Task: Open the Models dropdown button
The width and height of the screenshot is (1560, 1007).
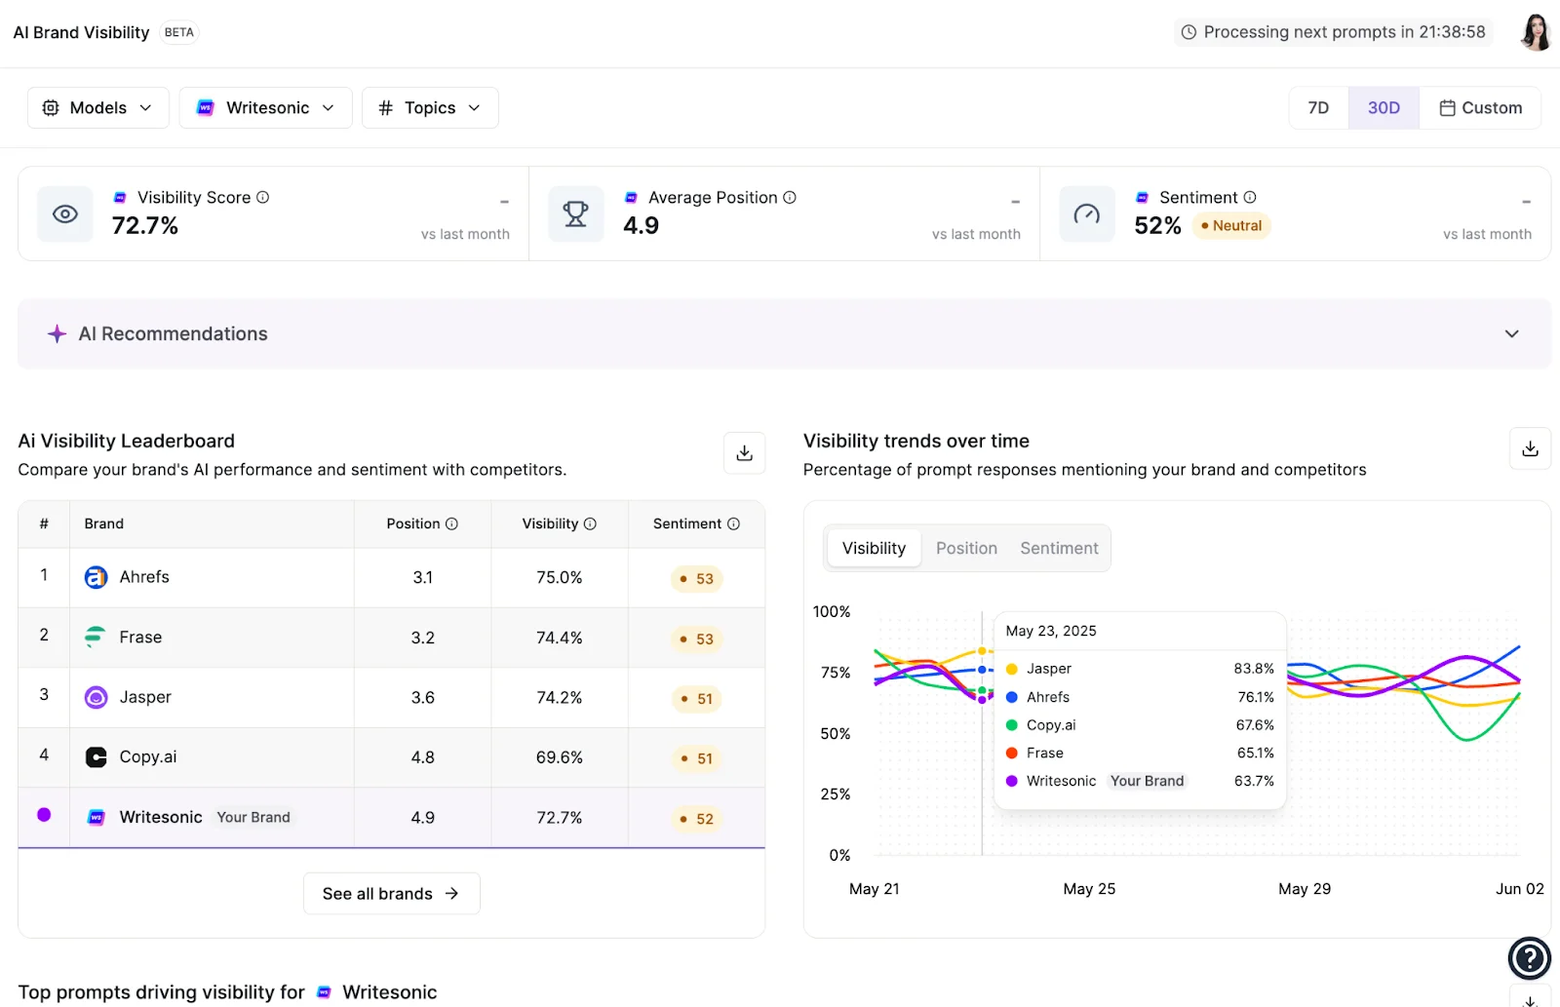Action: click(97, 107)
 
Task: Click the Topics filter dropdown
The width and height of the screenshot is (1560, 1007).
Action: click(430, 107)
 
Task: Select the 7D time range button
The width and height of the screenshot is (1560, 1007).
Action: click(1318, 107)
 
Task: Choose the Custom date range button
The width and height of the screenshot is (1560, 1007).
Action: click(1480, 107)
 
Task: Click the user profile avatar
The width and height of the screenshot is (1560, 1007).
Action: click(1535, 32)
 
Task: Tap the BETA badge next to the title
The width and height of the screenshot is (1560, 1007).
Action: click(178, 32)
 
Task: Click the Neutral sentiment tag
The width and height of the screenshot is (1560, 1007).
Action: click(1231, 225)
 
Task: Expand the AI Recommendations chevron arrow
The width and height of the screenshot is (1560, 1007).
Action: click(1511, 333)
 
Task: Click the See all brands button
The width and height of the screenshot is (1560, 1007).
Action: click(391, 893)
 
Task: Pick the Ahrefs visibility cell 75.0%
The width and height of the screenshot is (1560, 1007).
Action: click(559, 577)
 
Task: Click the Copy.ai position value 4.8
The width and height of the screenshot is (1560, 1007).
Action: click(422, 757)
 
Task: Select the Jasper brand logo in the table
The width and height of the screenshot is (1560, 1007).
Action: click(96, 697)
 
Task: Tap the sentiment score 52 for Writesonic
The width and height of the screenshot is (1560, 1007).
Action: click(697, 819)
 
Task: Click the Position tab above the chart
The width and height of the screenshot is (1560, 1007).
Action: click(966, 548)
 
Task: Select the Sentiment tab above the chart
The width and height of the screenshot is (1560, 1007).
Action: click(1059, 548)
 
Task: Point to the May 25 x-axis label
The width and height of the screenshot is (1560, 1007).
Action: click(1089, 889)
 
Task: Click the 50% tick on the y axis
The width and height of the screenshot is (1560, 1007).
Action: click(835, 733)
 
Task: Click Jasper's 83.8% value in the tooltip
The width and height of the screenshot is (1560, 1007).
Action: click(1253, 669)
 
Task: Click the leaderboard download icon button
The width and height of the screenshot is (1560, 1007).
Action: click(744, 452)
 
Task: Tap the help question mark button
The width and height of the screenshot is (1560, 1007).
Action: click(1529, 957)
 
